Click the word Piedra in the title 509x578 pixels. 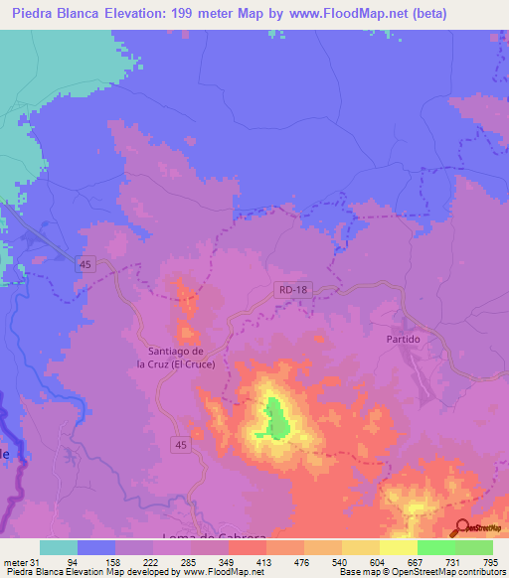37,14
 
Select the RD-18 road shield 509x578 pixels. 287,289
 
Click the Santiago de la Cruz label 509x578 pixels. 176,358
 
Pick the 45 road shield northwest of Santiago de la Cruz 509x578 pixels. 86,262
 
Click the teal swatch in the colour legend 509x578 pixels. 58,547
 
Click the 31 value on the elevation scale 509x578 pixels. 36,562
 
